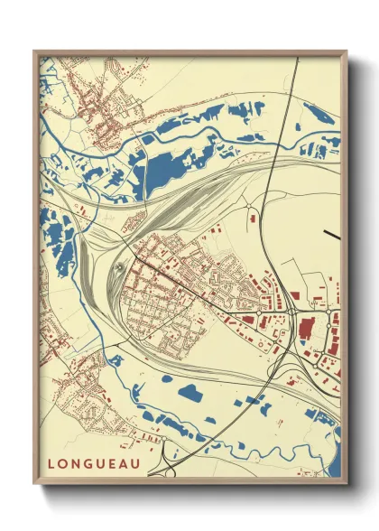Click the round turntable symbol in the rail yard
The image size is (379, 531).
click(120, 266)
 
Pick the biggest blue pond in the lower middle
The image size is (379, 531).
click(191, 393)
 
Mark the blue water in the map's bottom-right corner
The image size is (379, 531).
click(333, 469)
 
